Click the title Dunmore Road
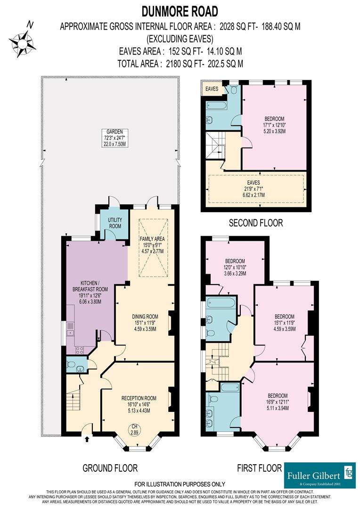pyautogui.click(x=180, y=10)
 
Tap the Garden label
pyautogui.click(x=111, y=132)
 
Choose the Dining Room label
pyautogui.click(x=145, y=316)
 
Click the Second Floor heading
pyautogui.click(x=256, y=223)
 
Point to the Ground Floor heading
pyautogui.click(x=110, y=468)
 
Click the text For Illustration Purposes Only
pyautogui.click(x=180, y=484)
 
